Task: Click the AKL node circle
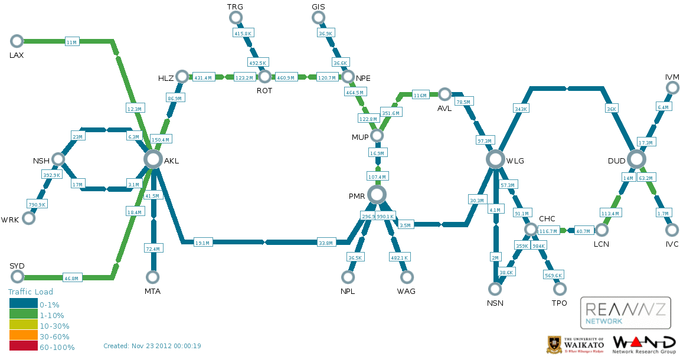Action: (153, 159)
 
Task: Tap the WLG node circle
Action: (496, 159)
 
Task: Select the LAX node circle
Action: (17, 41)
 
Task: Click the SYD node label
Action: (17, 266)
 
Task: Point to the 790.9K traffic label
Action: (37, 204)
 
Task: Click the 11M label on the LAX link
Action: (71, 42)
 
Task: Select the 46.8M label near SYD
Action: (71, 278)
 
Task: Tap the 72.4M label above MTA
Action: (153, 249)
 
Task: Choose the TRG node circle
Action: (236, 18)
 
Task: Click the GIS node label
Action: (318, 6)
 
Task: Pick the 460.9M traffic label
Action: (286, 77)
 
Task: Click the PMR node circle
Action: (377, 194)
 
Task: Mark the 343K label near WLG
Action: (521, 109)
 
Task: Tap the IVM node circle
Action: (672, 88)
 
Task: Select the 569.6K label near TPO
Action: (553, 275)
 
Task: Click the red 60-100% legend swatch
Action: (23, 346)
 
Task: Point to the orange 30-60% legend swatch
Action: (23, 336)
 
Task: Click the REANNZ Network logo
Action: (625, 313)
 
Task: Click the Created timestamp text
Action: (152, 346)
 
